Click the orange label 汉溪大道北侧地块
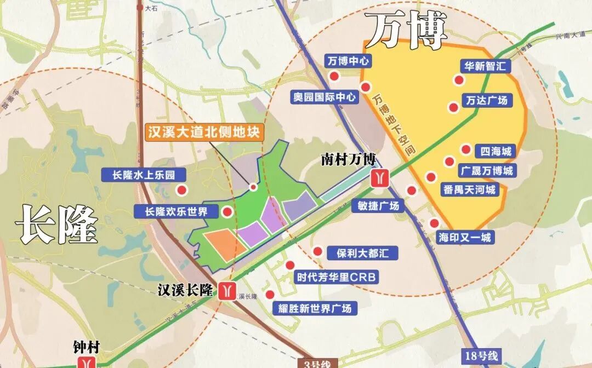pyautogui.click(x=204, y=132)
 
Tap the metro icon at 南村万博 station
pyautogui.click(x=380, y=178)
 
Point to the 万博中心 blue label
pyautogui.click(x=348, y=61)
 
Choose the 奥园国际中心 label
pyautogui.click(x=325, y=97)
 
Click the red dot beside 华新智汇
pyautogui.click(x=458, y=81)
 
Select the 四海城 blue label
pyautogui.click(x=496, y=151)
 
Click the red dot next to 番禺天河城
pyautogui.click(x=431, y=177)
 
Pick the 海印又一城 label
pyautogui.click(x=465, y=238)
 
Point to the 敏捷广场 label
pyautogui.click(x=379, y=206)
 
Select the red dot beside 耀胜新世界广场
pyautogui.click(x=270, y=295)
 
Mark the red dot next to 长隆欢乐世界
pyautogui.click(x=226, y=212)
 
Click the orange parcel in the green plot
pyautogui.click(x=225, y=244)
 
